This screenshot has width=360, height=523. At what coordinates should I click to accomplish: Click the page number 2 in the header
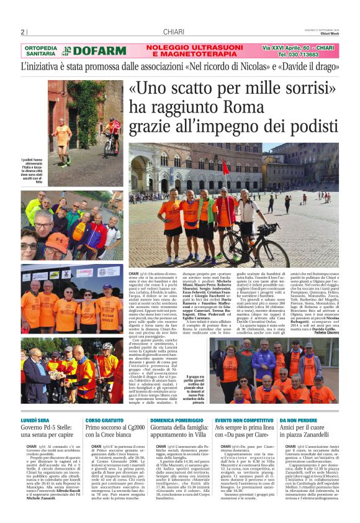coord(22,32)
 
